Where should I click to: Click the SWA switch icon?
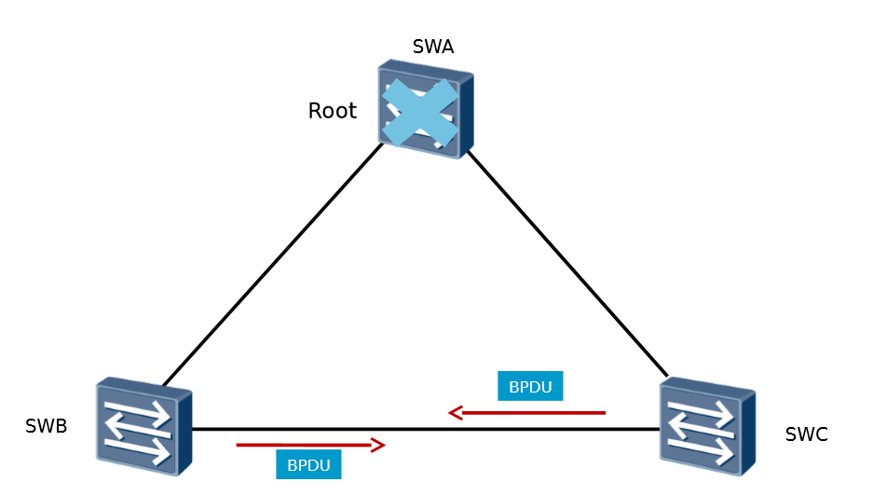[425, 110]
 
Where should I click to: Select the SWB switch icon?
[143, 425]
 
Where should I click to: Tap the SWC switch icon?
[707, 425]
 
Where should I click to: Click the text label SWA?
[432, 47]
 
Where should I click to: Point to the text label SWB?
[46, 427]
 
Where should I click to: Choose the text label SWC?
[806, 434]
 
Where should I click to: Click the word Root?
[332, 111]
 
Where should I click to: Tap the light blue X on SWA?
[420, 112]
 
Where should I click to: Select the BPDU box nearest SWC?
[530, 386]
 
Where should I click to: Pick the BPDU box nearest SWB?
[308, 464]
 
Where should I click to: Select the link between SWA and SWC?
[566, 262]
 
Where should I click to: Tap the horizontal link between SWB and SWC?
[425, 430]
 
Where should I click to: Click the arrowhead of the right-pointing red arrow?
[378, 446]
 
